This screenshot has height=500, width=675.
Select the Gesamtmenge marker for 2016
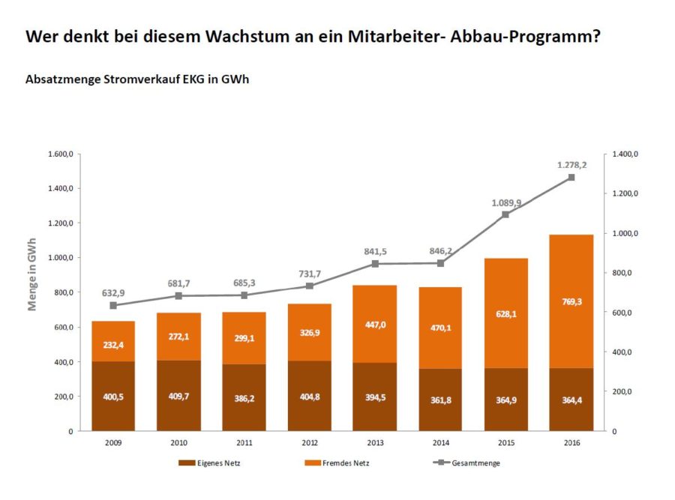[x=571, y=178]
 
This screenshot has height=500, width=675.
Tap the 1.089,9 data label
[x=506, y=202]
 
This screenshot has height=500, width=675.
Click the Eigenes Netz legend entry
[x=210, y=463]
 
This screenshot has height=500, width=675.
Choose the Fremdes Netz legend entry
[x=337, y=463]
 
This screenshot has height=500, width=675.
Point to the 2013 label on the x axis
[x=374, y=442]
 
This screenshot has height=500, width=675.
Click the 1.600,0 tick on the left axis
[x=59, y=154]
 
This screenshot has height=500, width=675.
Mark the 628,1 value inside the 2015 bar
[x=505, y=313]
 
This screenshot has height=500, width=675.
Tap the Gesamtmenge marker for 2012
[x=309, y=286]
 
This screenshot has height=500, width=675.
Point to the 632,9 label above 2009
[x=113, y=293]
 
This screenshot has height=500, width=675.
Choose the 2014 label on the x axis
[x=440, y=442]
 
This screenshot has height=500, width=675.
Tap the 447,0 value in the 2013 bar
[x=374, y=322]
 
